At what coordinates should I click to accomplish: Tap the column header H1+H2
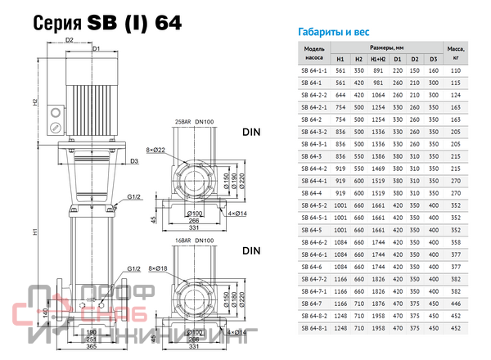pyautogui.click(x=377, y=59)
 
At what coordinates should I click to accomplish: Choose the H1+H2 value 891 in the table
pyautogui.click(x=377, y=71)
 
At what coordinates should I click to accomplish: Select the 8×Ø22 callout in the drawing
pyautogui.click(x=156, y=150)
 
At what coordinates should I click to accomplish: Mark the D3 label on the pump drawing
pyautogui.click(x=133, y=161)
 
